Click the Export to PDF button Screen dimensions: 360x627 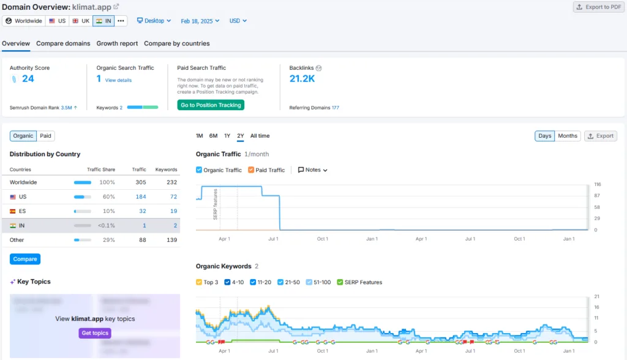pos(597,7)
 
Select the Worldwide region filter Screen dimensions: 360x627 pos(23,21)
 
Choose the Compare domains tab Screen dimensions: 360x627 pos(63,43)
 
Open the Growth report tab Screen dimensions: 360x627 pos(117,43)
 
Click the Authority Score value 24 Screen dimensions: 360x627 pos(28,78)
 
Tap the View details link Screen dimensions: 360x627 pos(118,80)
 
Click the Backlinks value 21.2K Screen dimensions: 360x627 pos(302,78)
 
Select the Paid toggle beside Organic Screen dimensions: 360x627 pos(46,136)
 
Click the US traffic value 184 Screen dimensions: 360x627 pos(140,197)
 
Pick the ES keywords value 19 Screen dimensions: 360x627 pos(173,211)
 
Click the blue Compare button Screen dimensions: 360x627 pos(25,259)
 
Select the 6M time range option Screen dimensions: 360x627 pos(213,136)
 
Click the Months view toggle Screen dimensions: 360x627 pos(568,136)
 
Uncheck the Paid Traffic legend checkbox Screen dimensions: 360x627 pos(251,170)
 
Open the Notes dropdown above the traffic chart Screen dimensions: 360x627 pos(313,170)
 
